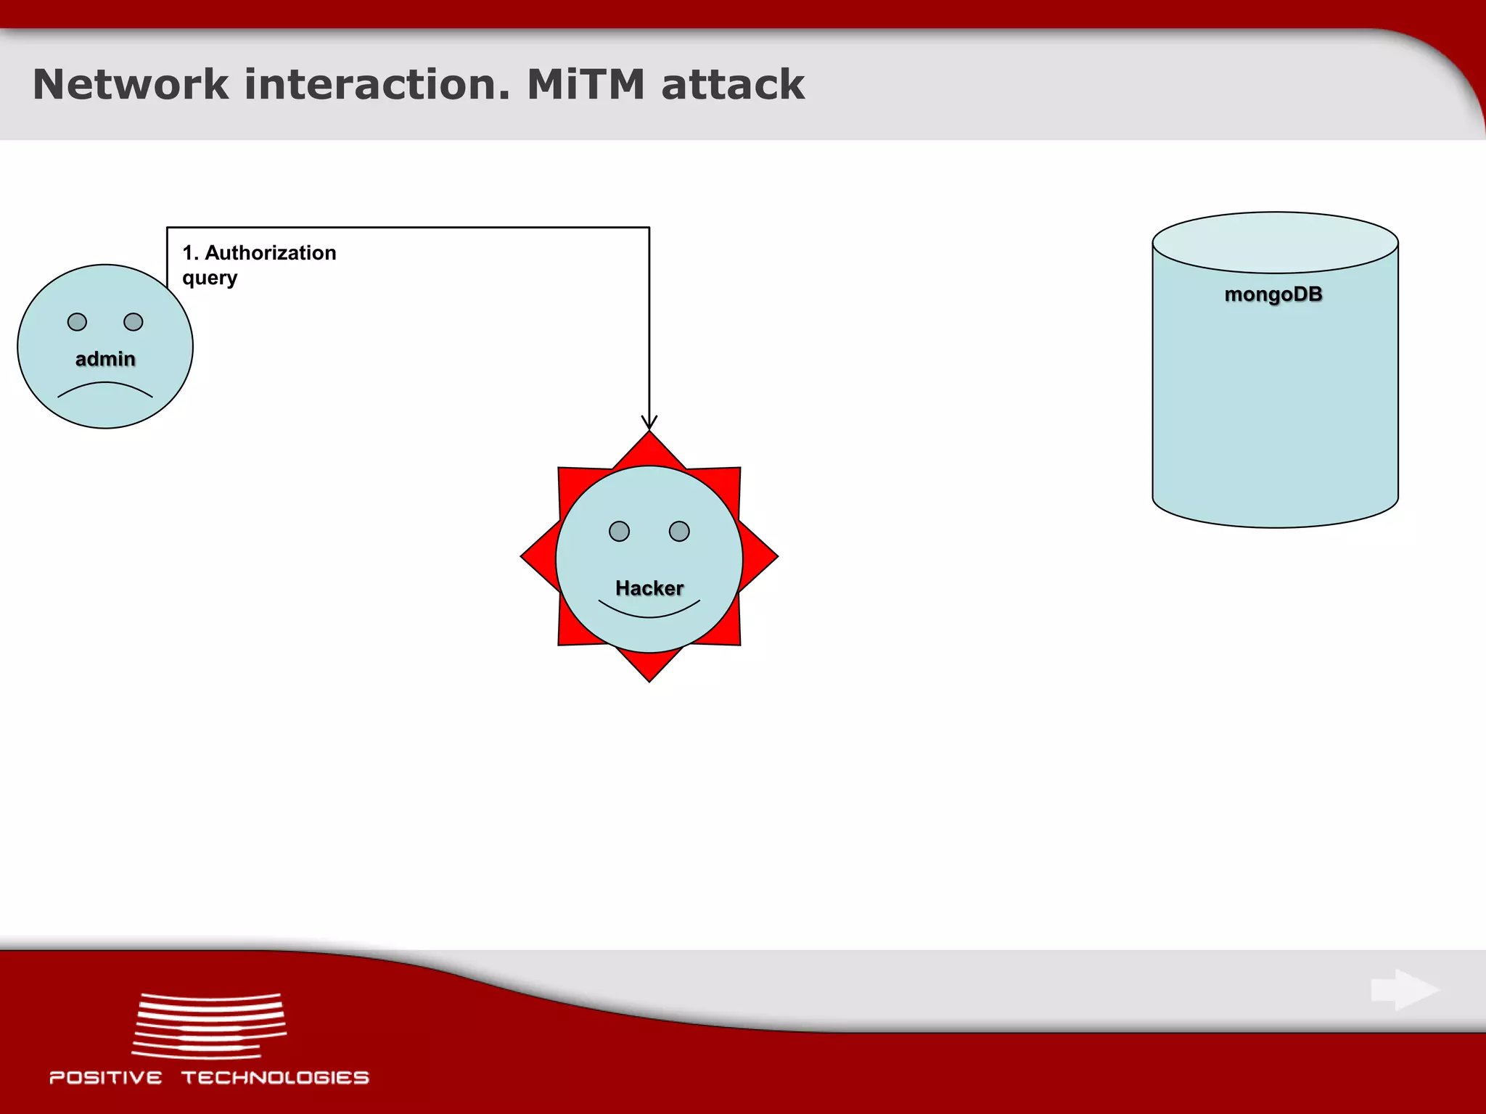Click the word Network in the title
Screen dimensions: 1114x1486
[x=131, y=84]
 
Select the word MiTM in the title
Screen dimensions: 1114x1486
[x=585, y=84]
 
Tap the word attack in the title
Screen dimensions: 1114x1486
[x=733, y=84]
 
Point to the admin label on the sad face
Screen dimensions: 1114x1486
[x=105, y=359]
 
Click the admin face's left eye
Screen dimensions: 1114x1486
[x=77, y=322]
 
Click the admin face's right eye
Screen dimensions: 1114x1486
[x=134, y=322]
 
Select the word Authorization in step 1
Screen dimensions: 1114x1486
[x=270, y=253]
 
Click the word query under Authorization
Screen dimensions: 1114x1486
[x=210, y=278]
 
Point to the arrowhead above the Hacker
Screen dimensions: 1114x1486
[x=649, y=422]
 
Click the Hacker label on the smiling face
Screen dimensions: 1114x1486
[x=649, y=588]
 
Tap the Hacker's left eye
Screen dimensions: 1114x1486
[x=619, y=532]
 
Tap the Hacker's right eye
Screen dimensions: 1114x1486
[x=679, y=532]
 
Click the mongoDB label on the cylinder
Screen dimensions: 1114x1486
[x=1273, y=294]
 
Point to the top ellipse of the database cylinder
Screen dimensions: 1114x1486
[x=1275, y=242]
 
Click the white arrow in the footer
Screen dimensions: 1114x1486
[x=1405, y=989]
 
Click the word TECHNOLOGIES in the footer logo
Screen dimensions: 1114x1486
[x=275, y=1078]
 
